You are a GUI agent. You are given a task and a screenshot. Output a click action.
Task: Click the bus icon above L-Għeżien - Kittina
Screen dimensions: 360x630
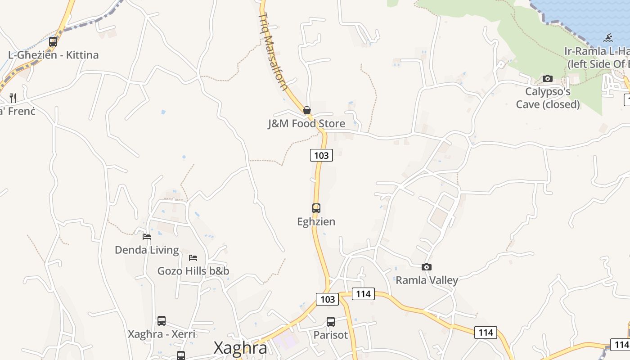pos(53,42)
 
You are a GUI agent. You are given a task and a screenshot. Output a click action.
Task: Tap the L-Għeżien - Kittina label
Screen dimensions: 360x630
pos(53,55)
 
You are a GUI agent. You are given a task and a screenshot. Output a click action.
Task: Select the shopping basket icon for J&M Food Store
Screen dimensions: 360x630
pos(307,110)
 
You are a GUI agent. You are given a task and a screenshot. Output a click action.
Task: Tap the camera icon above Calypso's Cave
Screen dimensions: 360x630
pos(548,78)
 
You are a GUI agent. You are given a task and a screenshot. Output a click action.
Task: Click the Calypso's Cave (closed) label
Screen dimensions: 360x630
pos(548,98)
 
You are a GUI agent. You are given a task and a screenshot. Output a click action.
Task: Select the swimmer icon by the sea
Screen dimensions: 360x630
pos(608,38)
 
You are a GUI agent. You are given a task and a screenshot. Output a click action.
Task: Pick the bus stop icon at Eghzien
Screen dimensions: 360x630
pos(316,208)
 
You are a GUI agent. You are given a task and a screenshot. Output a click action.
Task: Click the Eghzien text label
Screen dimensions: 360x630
pos(316,222)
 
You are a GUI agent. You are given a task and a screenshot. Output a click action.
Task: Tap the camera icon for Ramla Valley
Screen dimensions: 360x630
pos(427,267)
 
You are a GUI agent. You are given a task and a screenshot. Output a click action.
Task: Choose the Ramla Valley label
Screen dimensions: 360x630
pos(427,280)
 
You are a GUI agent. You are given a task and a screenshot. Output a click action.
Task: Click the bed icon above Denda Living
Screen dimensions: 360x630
pos(147,236)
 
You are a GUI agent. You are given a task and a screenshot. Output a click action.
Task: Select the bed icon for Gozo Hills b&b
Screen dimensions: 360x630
pos(193,258)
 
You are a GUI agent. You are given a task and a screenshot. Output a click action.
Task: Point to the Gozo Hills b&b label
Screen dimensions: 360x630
pos(193,271)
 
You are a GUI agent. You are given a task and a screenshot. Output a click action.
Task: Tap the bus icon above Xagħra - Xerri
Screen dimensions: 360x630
pos(162,321)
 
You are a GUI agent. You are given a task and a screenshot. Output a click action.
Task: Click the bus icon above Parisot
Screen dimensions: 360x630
pos(331,322)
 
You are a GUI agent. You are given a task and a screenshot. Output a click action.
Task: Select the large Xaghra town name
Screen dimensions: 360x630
pos(240,348)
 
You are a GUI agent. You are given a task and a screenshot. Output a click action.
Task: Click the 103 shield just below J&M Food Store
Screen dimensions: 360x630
pos(321,156)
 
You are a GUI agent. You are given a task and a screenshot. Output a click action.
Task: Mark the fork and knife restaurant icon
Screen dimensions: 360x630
pos(13,98)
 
